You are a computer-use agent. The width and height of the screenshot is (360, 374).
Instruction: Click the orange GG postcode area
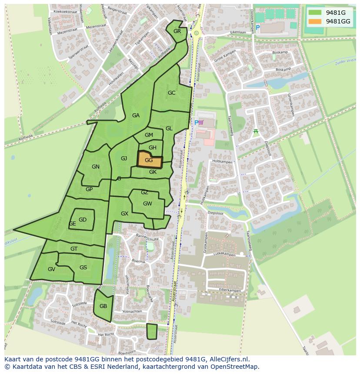point(149,160)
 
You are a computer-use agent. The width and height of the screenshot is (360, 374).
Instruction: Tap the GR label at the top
point(177,31)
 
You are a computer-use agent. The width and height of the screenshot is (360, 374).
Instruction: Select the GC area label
point(171,93)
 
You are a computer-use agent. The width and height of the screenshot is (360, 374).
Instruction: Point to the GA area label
point(136,116)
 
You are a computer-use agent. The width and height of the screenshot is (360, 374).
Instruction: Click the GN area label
point(96,167)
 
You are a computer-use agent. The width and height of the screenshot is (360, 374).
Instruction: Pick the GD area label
point(83,220)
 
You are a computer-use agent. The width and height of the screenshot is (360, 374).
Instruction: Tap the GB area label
point(103,306)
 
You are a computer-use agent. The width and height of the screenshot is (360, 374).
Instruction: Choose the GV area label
point(51,269)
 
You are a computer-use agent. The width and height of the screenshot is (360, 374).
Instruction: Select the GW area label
point(147,204)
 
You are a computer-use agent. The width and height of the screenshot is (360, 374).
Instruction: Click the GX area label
point(124,214)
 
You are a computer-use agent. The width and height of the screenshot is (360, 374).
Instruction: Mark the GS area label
point(83,268)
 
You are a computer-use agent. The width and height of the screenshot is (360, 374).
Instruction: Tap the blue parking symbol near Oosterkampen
point(257,27)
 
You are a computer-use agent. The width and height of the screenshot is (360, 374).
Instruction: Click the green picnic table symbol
point(256,131)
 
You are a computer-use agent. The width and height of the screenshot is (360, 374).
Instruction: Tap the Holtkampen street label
point(223,162)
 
